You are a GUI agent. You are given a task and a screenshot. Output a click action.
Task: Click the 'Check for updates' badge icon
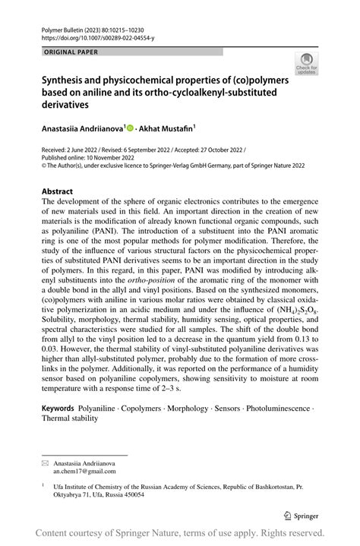[x=307, y=64]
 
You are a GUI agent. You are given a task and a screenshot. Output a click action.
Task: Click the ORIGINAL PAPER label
[x=60, y=52]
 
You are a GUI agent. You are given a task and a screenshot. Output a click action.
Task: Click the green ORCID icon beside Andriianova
[x=129, y=130]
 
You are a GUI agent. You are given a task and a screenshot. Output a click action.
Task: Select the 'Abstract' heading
[x=57, y=191]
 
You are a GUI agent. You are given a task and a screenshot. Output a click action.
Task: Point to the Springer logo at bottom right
[x=302, y=513]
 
